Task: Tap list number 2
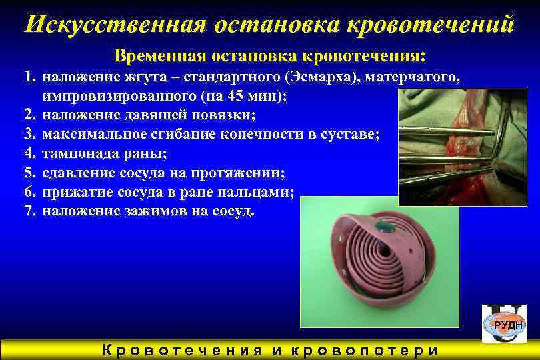(x=29, y=115)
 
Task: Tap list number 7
(x=29, y=211)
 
